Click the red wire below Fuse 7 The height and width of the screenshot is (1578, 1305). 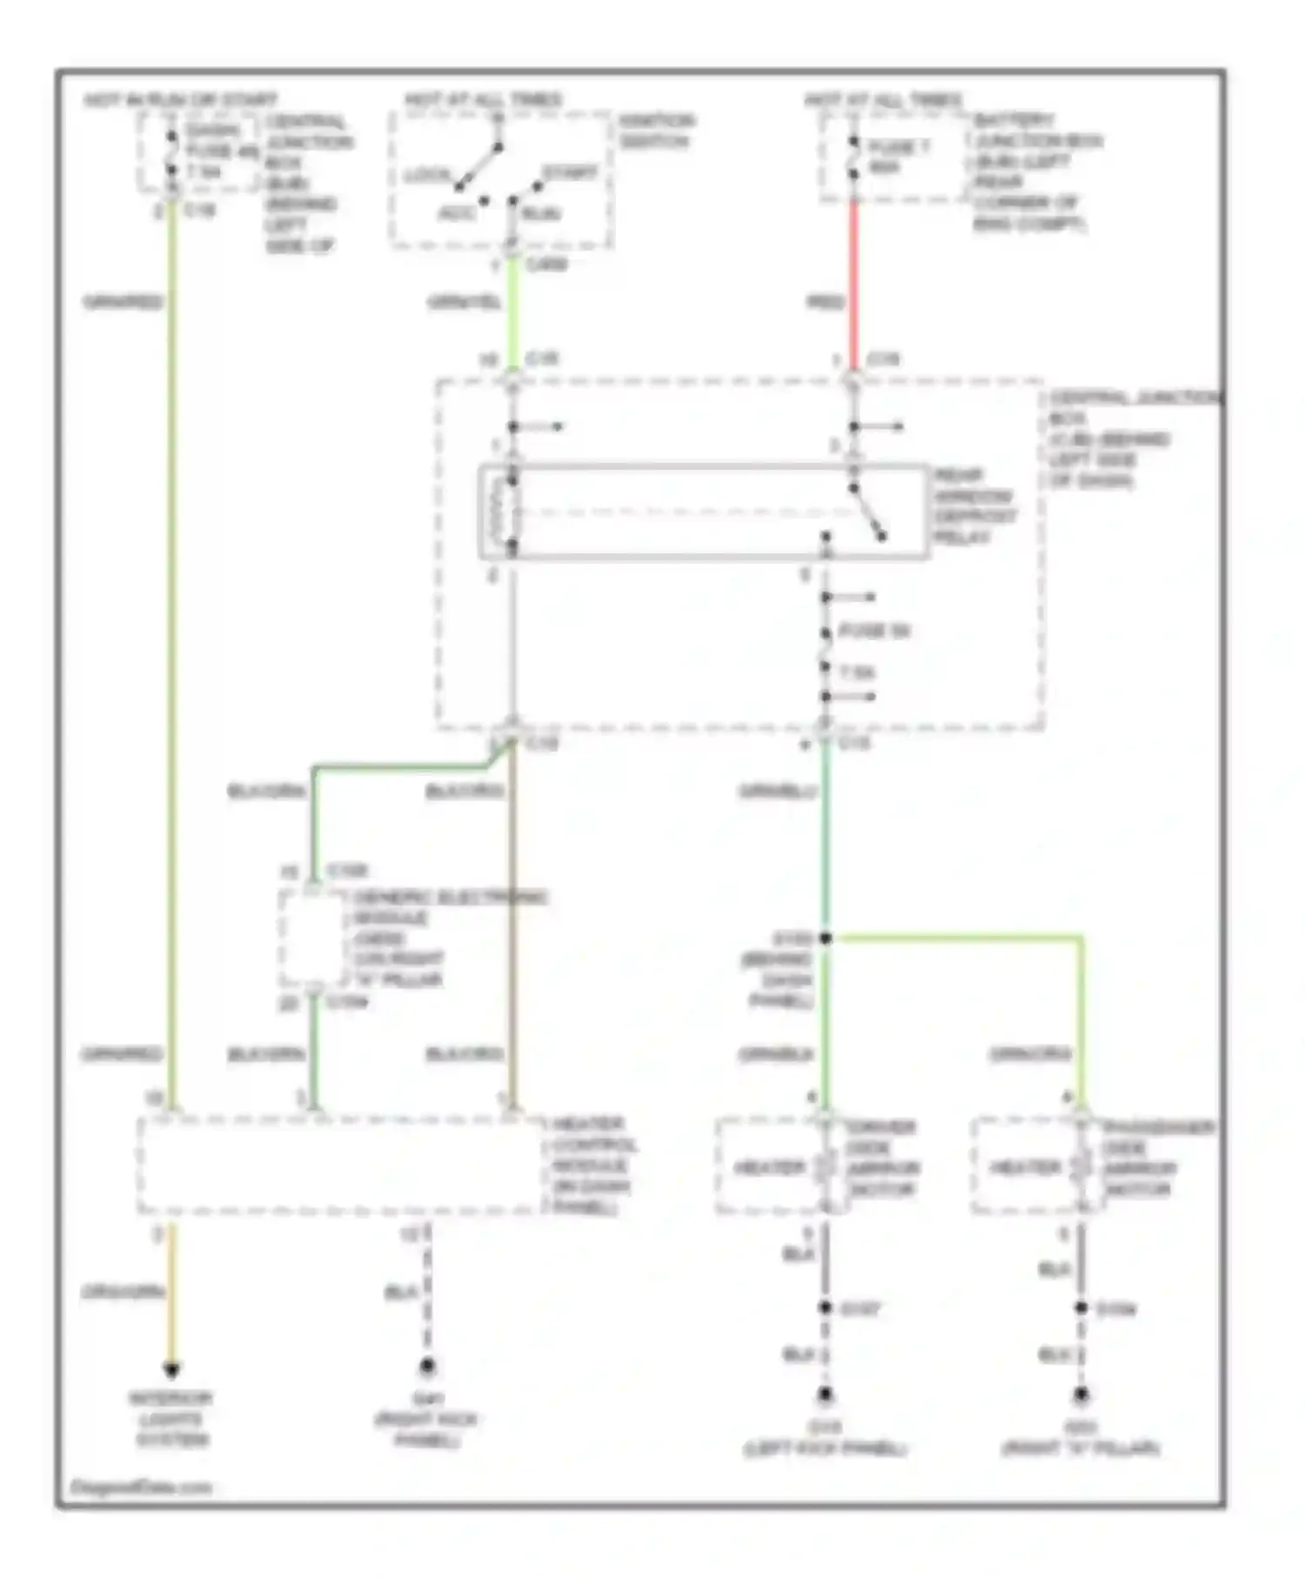tap(853, 278)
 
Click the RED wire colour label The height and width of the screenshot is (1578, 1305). tap(826, 302)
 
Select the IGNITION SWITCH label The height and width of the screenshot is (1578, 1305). tap(657, 130)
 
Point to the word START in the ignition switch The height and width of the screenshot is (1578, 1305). tap(570, 173)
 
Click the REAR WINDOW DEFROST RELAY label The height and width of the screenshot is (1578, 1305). tap(974, 506)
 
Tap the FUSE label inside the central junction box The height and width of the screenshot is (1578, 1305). tap(873, 632)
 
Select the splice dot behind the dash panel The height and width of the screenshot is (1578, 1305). tap(826, 938)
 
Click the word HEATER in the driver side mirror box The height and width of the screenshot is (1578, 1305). tap(769, 1167)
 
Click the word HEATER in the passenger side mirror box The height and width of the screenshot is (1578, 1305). tap(1026, 1167)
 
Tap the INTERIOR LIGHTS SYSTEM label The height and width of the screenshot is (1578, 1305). tap(171, 1419)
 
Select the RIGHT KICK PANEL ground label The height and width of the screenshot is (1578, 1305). tap(426, 1420)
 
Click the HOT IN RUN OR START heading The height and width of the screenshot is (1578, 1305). tap(180, 100)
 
